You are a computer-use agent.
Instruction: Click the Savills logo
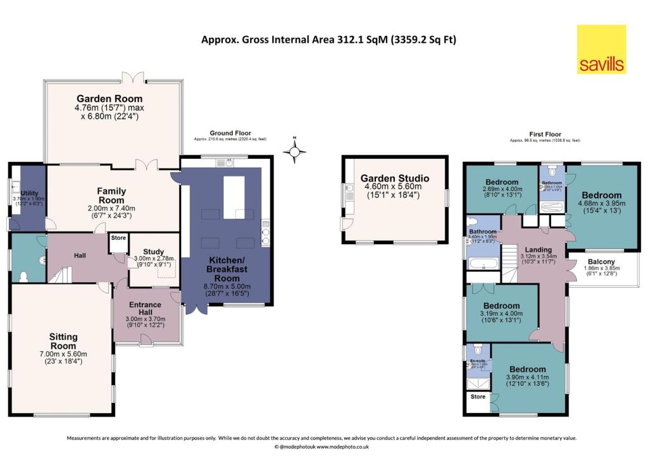pos(601,49)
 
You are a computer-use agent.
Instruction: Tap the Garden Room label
pos(109,99)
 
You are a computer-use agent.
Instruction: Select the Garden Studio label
pos(395,178)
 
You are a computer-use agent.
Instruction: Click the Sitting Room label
pos(63,342)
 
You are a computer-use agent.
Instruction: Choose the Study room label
pos(153,252)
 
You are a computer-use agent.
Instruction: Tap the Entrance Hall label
pos(146,306)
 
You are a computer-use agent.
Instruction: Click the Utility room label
pos(29,192)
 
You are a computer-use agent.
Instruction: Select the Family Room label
pos(111,195)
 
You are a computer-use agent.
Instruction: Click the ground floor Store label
pos(118,238)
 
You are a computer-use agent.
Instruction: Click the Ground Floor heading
pos(230,133)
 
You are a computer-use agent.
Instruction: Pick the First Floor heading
pos(544,135)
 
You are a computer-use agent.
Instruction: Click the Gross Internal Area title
pos(328,39)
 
